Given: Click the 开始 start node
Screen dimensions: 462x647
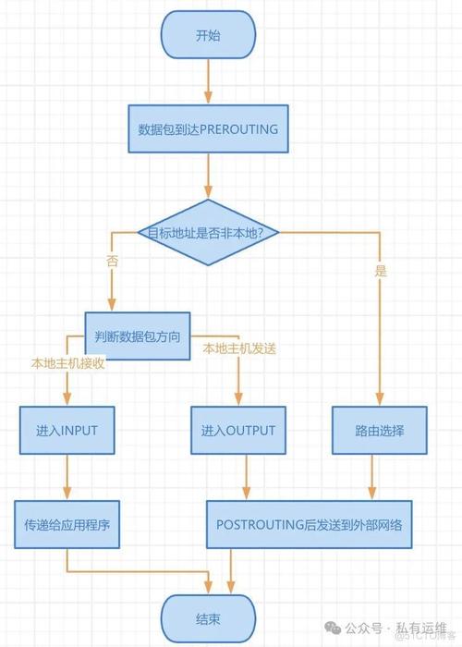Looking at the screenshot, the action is (x=208, y=35).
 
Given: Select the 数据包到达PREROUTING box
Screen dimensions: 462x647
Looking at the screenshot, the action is (x=208, y=128).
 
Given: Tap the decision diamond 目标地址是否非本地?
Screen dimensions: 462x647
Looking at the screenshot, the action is (x=208, y=232).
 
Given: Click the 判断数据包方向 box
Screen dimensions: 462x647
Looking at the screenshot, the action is (x=138, y=336).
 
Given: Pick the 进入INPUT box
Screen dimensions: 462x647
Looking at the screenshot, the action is (x=67, y=431).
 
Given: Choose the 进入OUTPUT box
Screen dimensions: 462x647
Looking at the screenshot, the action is (x=238, y=431).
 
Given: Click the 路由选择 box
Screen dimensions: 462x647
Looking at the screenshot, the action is (x=380, y=431).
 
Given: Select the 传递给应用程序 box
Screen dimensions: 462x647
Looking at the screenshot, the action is (x=67, y=524).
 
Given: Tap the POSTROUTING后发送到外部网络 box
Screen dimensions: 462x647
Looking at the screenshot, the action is (x=309, y=524).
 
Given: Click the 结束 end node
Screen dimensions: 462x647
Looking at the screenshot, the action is (x=208, y=619).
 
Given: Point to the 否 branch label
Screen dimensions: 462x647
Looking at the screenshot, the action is (x=112, y=261).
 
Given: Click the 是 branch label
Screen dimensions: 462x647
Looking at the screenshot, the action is (x=381, y=271).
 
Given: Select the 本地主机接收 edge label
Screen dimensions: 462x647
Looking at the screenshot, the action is (x=67, y=363).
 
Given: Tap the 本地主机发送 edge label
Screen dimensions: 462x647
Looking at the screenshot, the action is (x=239, y=348).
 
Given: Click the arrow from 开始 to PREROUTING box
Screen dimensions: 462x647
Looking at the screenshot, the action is (x=208, y=81).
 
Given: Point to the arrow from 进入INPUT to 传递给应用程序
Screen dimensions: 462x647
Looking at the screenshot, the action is (x=67, y=478).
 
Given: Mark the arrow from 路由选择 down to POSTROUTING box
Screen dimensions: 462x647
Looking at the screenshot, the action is (x=372, y=478).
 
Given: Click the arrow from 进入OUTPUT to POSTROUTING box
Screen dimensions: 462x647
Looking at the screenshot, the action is (x=247, y=478).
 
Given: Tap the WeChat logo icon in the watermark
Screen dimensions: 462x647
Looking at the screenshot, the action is (x=333, y=628).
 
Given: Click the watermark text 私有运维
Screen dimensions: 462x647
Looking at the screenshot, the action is (x=421, y=628).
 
